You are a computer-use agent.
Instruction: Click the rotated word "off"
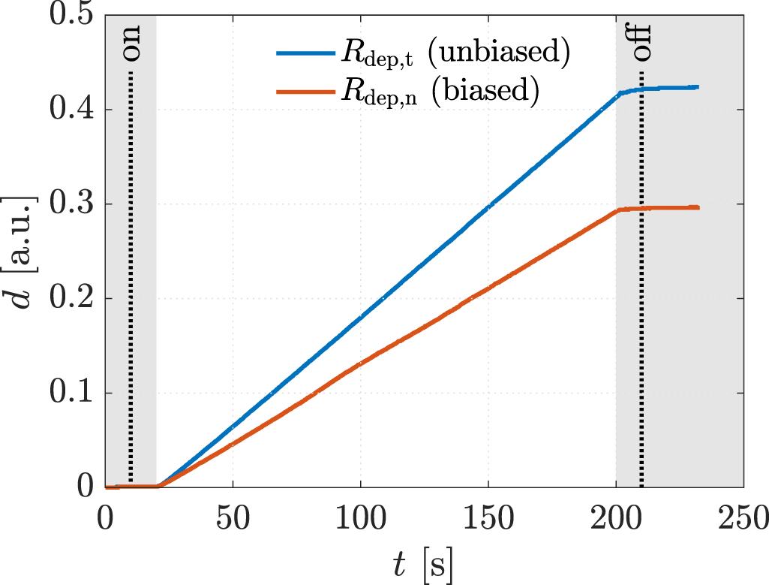tap(641, 45)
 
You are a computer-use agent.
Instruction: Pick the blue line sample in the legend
tap(305, 54)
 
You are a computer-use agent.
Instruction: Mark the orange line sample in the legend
tap(305, 92)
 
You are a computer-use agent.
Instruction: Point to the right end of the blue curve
tap(698, 87)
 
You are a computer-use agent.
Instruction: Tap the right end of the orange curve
tap(698, 207)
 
